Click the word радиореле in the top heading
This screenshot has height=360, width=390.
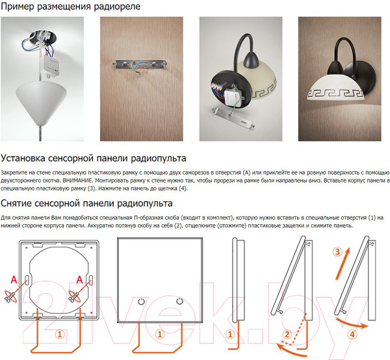117,6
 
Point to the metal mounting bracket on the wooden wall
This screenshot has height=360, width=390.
140,64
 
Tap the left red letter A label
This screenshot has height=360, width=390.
14,280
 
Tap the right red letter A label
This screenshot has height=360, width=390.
79,280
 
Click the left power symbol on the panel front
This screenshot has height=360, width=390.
141,302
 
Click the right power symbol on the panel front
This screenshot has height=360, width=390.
179,301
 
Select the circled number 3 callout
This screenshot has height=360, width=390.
337,252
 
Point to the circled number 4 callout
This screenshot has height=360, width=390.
352,335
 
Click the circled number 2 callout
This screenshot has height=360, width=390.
287,335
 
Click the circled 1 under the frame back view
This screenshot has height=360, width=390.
60,335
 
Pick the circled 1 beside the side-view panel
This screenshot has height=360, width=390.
230,335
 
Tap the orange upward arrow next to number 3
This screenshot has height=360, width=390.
343,264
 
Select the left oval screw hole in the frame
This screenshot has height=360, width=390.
27,279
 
